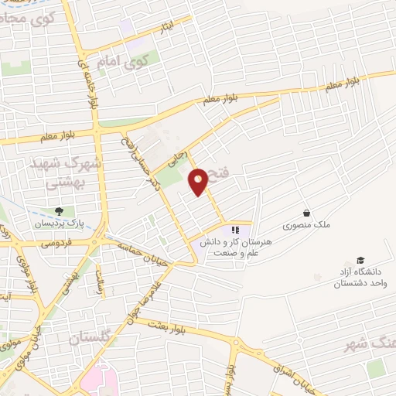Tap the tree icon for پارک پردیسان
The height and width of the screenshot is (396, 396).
pyautogui.click(x=59, y=211)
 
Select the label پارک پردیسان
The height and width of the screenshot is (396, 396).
pyautogui.click(x=57, y=224)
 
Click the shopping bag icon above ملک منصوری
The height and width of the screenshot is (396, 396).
pyautogui.click(x=306, y=213)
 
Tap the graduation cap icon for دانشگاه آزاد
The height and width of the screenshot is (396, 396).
pyautogui.click(x=360, y=260)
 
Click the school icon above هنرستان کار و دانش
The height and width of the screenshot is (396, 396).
pyautogui.click(x=235, y=230)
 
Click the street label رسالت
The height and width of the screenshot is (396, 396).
pyautogui.click(x=98, y=282)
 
